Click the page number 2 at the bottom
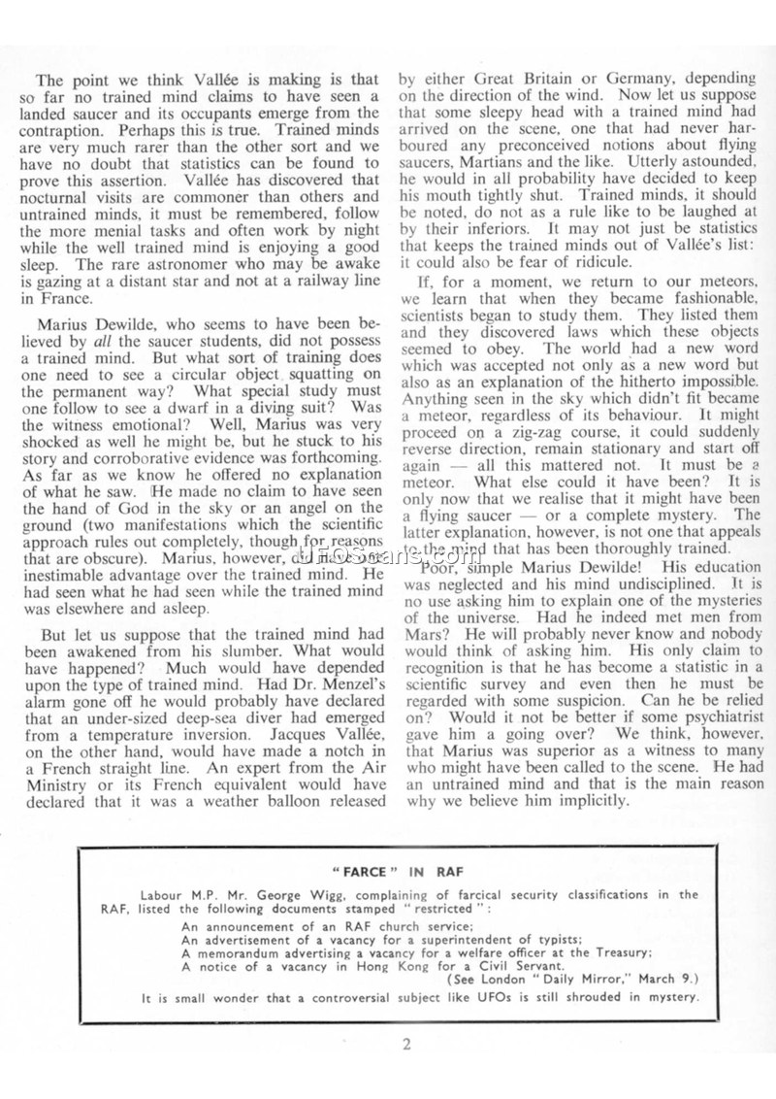pos(408,1045)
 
